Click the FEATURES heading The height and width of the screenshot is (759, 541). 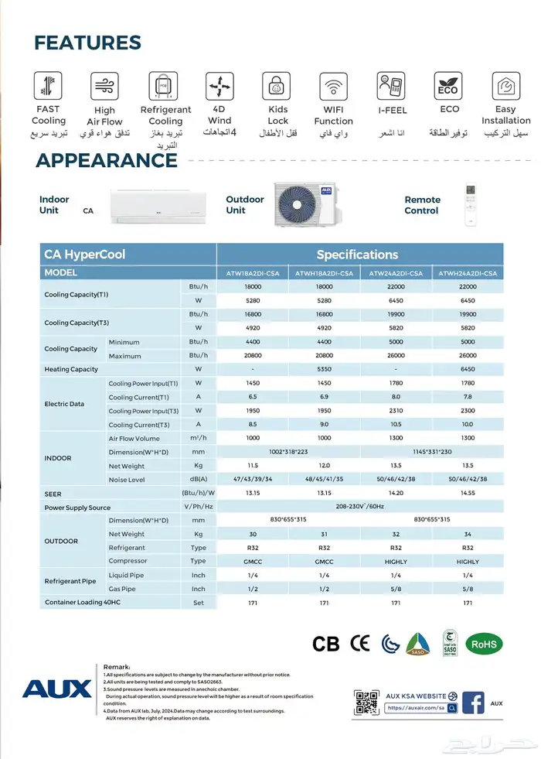coord(87,43)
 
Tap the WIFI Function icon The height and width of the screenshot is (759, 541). coord(333,85)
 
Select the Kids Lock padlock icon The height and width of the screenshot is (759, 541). coord(277,85)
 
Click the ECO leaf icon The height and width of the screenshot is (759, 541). coord(447,85)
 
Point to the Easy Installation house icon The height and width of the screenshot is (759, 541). coord(505,85)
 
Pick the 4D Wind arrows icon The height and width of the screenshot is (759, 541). coord(219,85)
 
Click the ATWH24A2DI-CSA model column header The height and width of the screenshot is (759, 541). coord(468,273)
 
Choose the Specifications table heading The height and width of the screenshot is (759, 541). coord(357,255)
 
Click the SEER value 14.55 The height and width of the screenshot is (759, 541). coord(468,494)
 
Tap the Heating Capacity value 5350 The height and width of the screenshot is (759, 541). coord(324,369)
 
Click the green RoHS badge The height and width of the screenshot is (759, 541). coord(484,643)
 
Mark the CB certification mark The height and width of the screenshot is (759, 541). coord(326,644)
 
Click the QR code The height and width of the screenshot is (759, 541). coord(367,701)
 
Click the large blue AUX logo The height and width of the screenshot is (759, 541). coord(56,688)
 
